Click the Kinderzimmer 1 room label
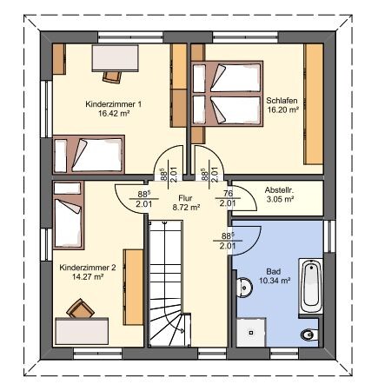(x=114, y=104)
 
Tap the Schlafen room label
(x=282, y=101)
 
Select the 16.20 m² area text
(x=282, y=109)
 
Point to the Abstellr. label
(x=279, y=190)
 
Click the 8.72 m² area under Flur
(x=186, y=208)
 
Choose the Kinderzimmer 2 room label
(x=88, y=268)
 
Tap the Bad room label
(x=274, y=272)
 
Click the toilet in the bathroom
(x=309, y=335)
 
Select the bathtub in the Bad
(x=311, y=286)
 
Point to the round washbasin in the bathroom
(x=244, y=288)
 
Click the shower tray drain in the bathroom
(x=251, y=333)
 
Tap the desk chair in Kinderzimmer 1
(x=112, y=76)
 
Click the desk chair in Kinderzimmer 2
(x=80, y=308)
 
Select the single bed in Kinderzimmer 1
(x=89, y=155)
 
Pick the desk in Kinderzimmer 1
(x=115, y=58)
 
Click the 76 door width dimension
(x=228, y=194)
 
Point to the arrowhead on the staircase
(x=182, y=330)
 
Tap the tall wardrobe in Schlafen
(x=314, y=104)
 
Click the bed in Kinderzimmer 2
(x=69, y=215)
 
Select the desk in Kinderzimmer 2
(x=82, y=331)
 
